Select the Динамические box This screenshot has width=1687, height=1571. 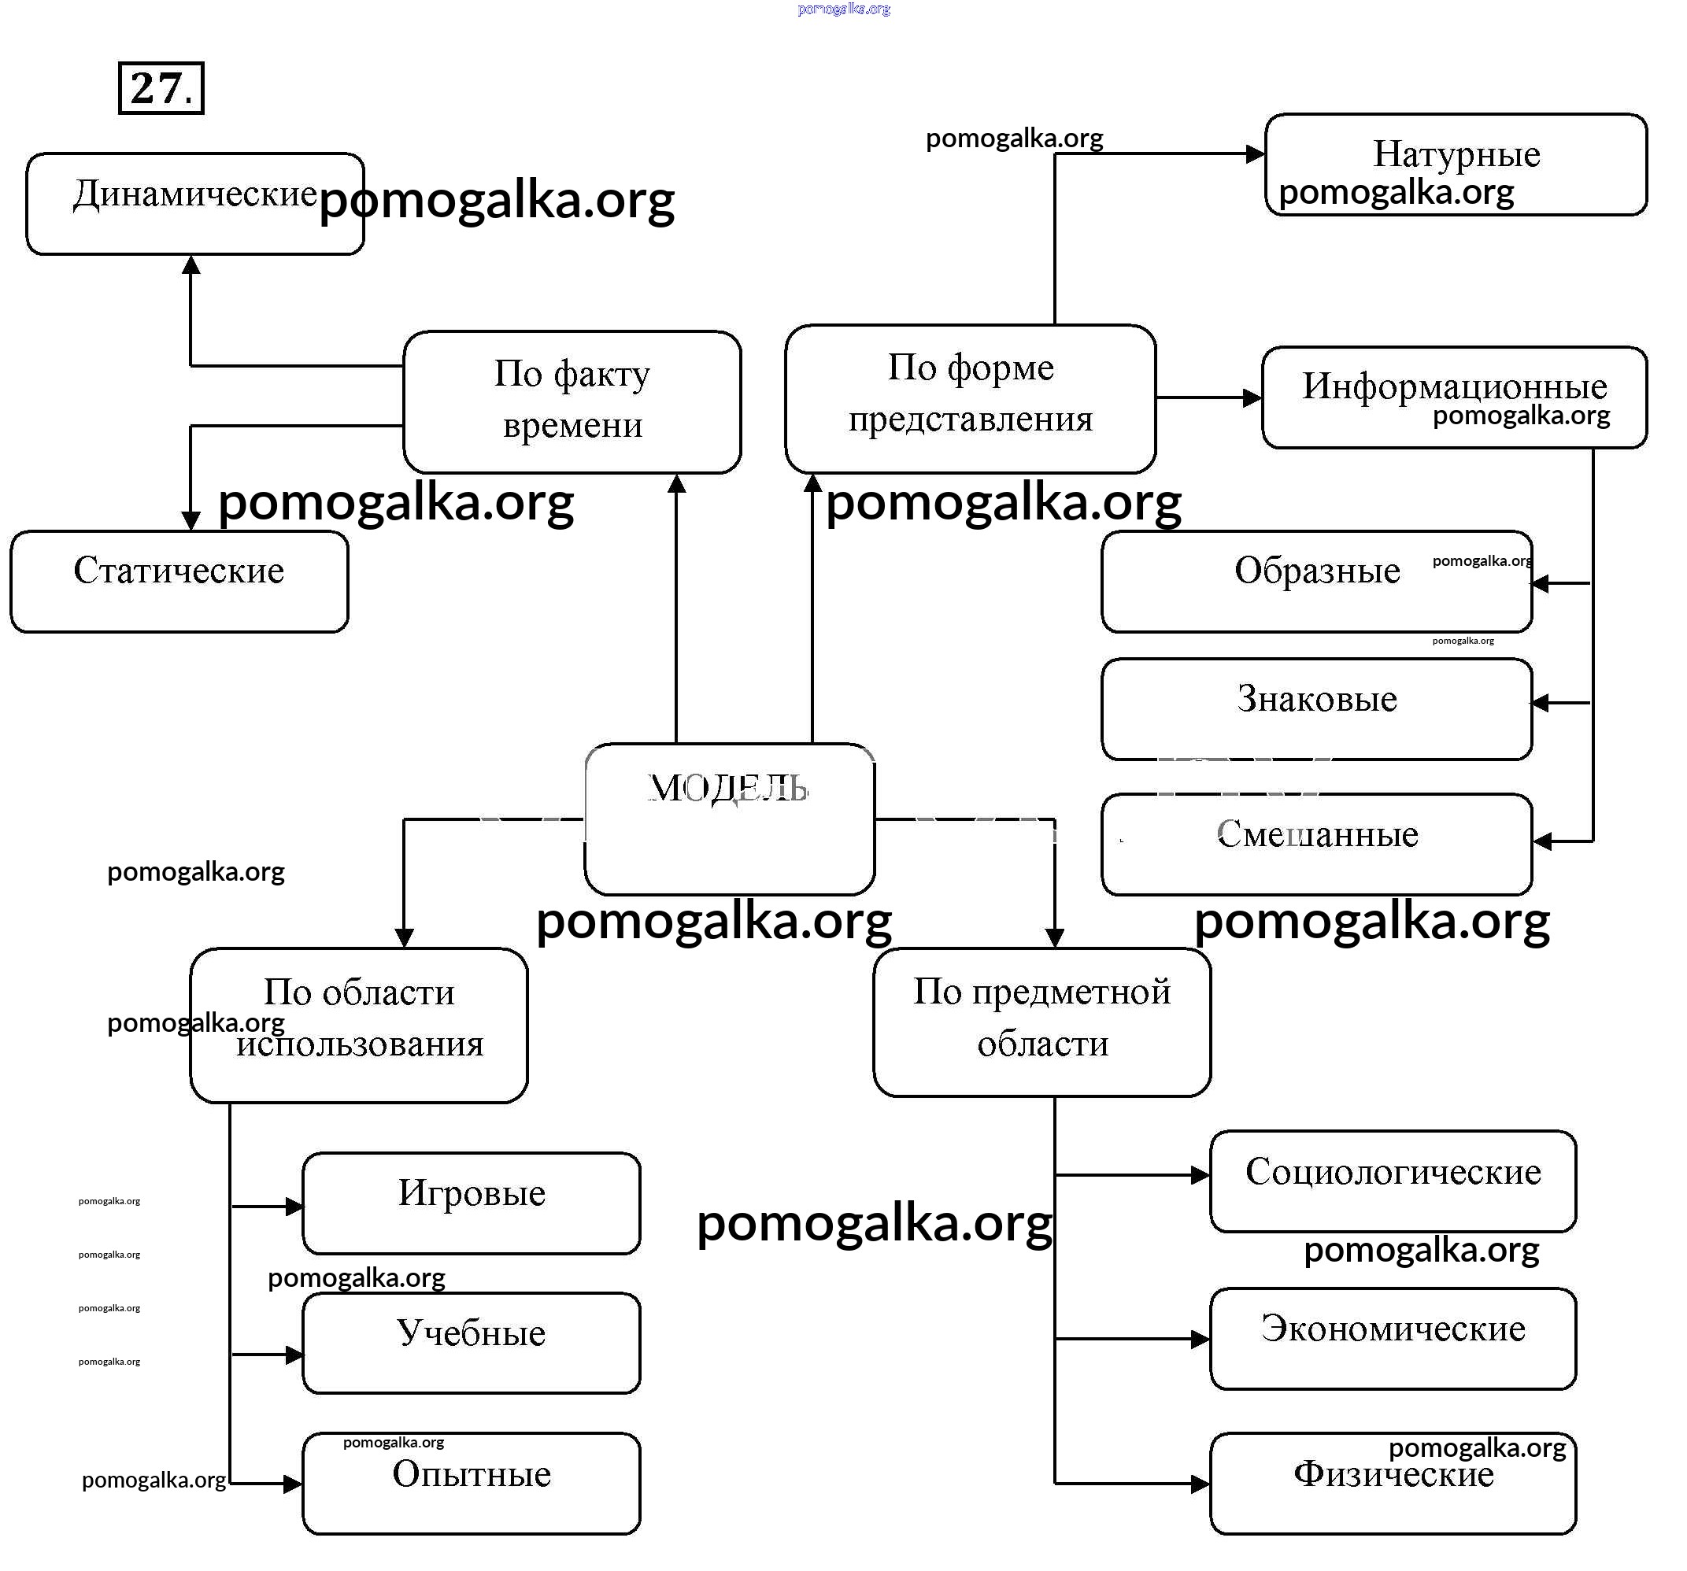point(195,204)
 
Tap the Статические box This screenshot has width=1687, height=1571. point(179,581)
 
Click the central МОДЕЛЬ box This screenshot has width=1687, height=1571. point(729,818)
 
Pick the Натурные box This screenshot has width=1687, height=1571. point(1456,164)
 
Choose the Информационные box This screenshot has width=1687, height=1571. point(1454,396)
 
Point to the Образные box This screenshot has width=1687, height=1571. point(1316,581)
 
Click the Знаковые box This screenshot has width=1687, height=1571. point(1316,708)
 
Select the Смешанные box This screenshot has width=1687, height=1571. point(1316,843)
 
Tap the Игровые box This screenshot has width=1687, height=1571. point(471,1202)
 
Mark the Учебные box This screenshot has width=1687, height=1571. point(471,1342)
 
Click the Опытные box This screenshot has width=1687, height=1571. point(471,1483)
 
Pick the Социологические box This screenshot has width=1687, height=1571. point(1393,1180)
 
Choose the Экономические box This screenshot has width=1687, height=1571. point(1393,1338)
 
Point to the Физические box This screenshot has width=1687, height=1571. point(1393,1483)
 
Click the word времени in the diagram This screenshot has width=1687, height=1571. point(572,425)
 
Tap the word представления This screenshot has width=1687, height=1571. point(970,419)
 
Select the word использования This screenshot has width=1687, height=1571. point(360,1044)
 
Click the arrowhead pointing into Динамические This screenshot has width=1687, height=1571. point(191,264)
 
